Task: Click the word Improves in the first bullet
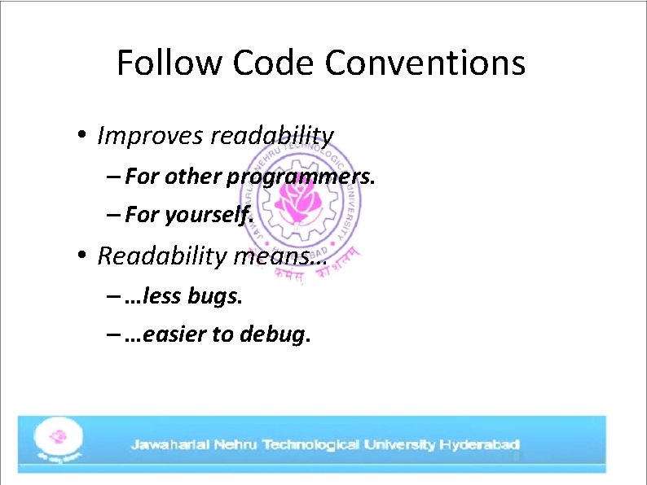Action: pyautogui.click(x=150, y=136)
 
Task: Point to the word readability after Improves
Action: pyautogui.click(x=271, y=136)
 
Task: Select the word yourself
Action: pyautogui.click(x=209, y=216)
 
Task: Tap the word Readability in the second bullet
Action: pyautogui.click(x=162, y=256)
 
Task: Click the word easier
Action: pyautogui.click(x=174, y=334)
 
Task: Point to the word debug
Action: pyautogui.click(x=275, y=334)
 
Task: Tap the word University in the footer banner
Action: pyautogui.click(x=400, y=445)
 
